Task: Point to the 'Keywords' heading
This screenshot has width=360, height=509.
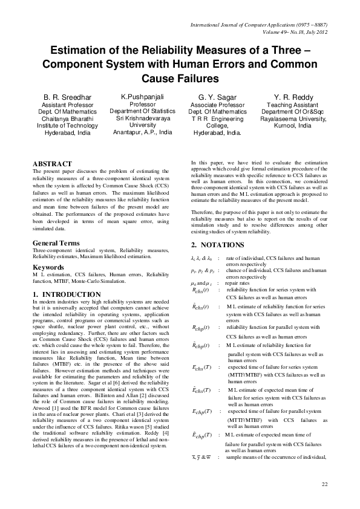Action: (48, 267)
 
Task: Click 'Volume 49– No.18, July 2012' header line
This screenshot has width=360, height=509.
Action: (288, 32)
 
